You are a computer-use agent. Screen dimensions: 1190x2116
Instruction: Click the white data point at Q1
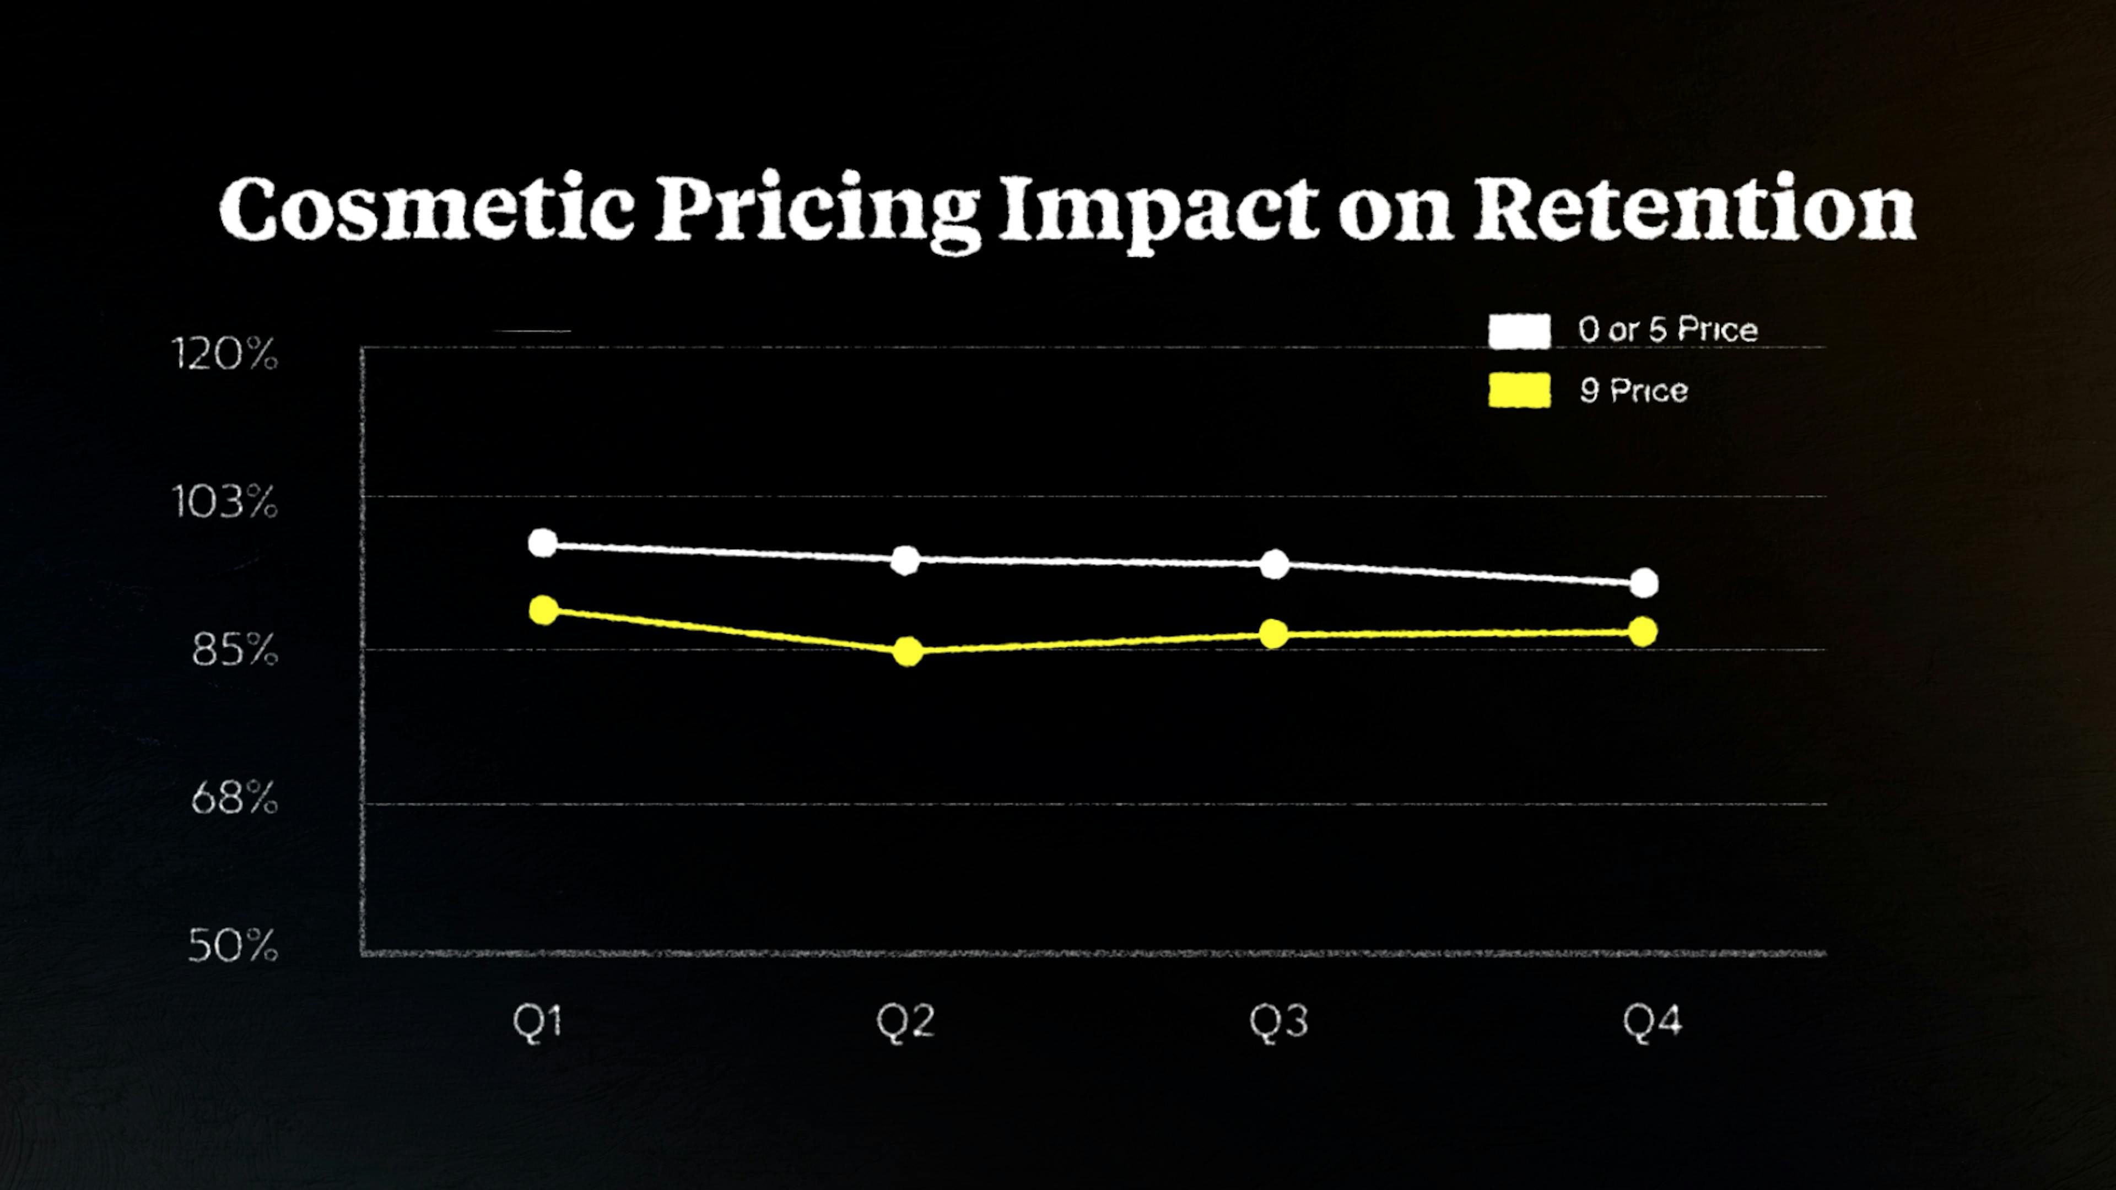543,543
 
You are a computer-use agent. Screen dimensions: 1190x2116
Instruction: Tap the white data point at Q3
1274,564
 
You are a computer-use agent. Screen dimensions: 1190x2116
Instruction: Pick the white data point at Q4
1644,583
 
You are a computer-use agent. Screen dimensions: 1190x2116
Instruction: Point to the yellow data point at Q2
907,651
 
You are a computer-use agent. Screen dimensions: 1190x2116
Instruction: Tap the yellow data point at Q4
1643,631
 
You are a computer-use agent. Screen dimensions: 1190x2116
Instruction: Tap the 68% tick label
234,797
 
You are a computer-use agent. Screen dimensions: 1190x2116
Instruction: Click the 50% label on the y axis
233,945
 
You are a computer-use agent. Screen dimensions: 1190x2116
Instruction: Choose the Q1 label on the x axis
537,1023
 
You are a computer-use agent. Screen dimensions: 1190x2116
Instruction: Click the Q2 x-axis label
905,1023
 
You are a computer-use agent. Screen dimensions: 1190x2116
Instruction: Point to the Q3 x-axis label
1278,1023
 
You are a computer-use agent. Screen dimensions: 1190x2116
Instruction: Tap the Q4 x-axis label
1652,1023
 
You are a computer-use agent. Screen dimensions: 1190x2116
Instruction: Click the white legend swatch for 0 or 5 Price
1519,331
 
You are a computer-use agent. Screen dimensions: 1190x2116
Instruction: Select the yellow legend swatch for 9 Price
1519,390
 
